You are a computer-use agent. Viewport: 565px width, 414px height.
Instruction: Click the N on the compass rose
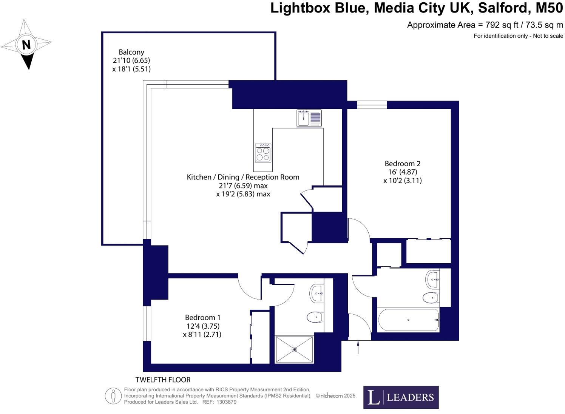tap(26, 45)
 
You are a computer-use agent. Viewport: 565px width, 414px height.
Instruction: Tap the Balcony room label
tap(131, 52)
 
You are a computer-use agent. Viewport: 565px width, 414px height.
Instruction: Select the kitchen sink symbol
tap(309, 118)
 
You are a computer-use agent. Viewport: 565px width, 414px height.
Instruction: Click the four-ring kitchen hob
tap(263, 153)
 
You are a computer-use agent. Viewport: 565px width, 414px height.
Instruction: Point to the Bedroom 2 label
tap(402, 164)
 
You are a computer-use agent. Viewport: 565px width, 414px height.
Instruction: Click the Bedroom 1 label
tap(202, 318)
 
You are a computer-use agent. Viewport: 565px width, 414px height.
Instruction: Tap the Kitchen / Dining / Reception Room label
tap(243, 177)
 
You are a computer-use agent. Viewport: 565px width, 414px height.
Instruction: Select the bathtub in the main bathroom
tap(408, 320)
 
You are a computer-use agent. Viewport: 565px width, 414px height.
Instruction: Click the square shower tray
tap(294, 349)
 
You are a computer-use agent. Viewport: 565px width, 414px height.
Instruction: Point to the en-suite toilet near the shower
tap(314, 317)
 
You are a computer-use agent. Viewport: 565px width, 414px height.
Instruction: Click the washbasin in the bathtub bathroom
tap(432, 280)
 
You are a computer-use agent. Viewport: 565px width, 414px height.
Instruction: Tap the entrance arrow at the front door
tap(358, 347)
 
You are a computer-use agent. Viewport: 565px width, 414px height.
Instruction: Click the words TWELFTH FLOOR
tap(163, 380)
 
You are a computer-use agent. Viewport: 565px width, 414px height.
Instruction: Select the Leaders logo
tap(401, 397)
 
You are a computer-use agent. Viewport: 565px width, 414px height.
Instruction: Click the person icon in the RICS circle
tap(113, 396)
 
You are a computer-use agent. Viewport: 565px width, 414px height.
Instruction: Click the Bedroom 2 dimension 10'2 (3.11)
tap(402, 181)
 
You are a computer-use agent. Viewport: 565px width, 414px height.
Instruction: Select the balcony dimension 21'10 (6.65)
tap(131, 60)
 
